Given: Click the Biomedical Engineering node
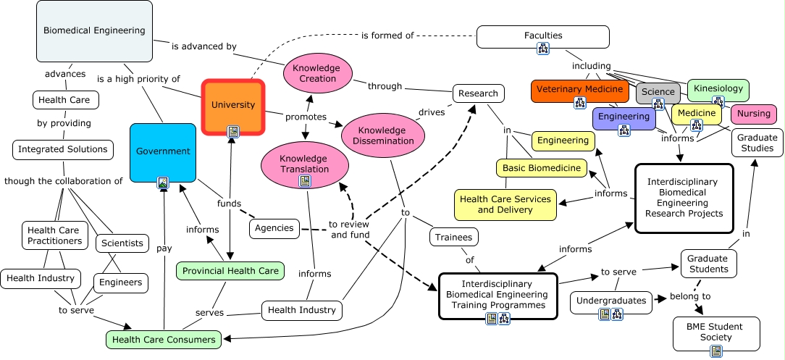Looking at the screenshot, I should click(x=94, y=30).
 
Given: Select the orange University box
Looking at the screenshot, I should click(x=232, y=106).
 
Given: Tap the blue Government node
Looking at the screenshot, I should click(x=163, y=151).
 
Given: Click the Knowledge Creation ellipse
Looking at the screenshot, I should click(x=318, y=73).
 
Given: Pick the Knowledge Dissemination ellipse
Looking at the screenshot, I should click(x=379, y=135).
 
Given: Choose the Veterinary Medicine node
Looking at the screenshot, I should click(x=579, y=90).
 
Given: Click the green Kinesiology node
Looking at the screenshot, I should click(x=718, y=89).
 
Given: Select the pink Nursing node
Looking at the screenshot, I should click(x=753, y=114).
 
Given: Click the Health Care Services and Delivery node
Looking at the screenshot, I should click(x=505, y=204).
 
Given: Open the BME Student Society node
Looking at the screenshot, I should click(x=716, y=332).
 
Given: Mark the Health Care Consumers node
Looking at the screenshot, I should click(x=164, y=339).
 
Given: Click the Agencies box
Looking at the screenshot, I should click(x=274, y=228).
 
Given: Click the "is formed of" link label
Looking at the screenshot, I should click(x=387, y=35).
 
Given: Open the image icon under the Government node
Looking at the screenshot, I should click(x=164, y=183).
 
